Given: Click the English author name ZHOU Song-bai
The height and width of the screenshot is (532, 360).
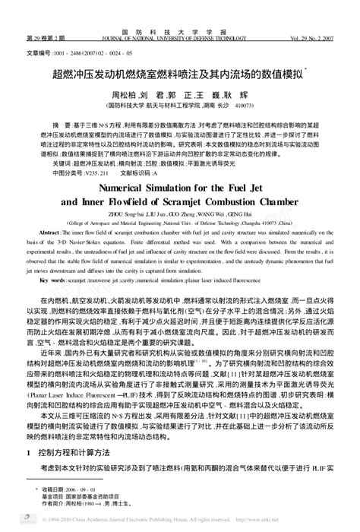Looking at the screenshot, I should point(133,215).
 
